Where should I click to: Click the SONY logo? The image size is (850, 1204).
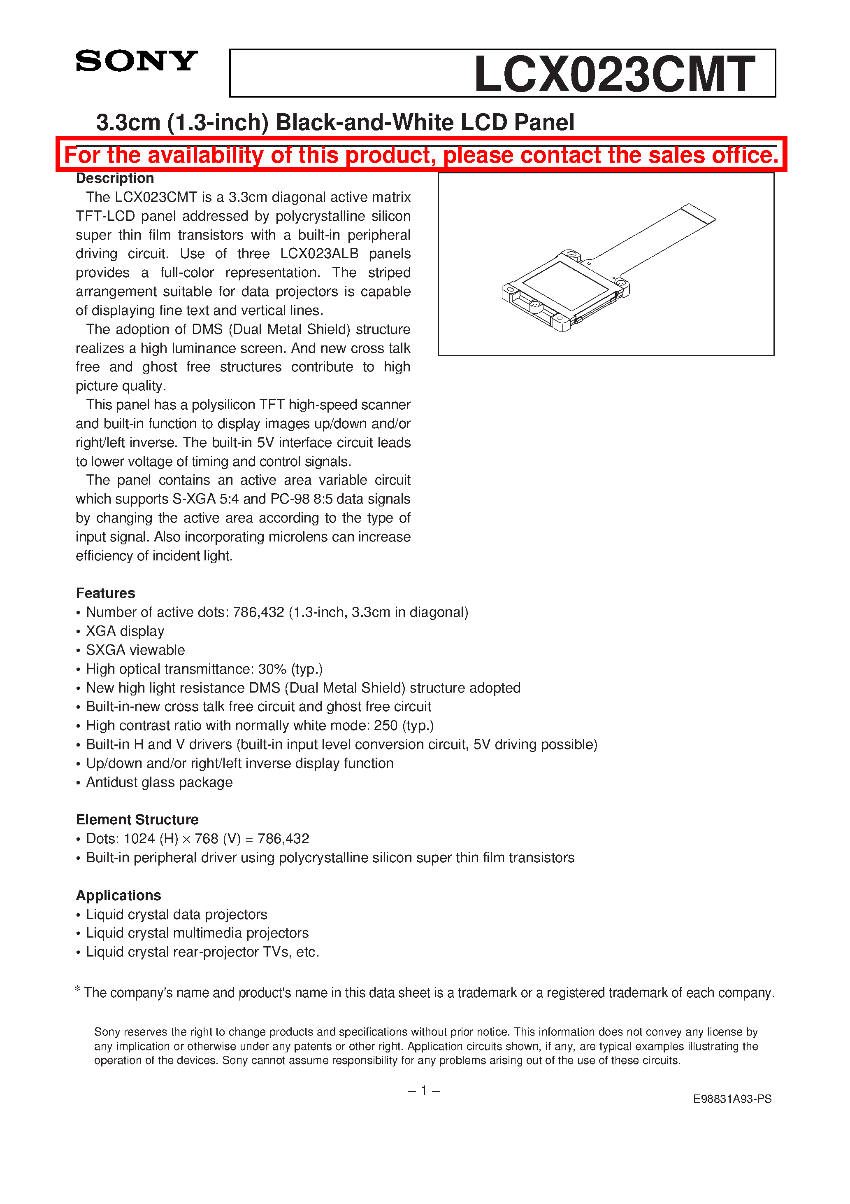point(136,61)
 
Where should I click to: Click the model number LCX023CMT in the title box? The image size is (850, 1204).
point(614,75)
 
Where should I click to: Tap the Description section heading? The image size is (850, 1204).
point(115,178)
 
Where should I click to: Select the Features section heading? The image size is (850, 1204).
point(105,593)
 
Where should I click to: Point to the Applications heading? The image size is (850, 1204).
point(118,895)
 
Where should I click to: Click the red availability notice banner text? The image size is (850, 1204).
point(421,155)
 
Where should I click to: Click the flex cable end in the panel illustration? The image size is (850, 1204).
point(698,213)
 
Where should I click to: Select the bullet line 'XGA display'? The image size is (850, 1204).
point(125,631)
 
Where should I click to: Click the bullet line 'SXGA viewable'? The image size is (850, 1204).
point(135,650)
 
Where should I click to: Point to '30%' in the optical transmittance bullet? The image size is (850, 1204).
point(272,669)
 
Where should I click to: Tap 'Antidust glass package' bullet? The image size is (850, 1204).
point(159,782)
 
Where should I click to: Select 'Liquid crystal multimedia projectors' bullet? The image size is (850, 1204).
point(197,933)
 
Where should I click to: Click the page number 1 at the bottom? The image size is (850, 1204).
point(423,1091)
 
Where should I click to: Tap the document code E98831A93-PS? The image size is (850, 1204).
point(732,1099)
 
